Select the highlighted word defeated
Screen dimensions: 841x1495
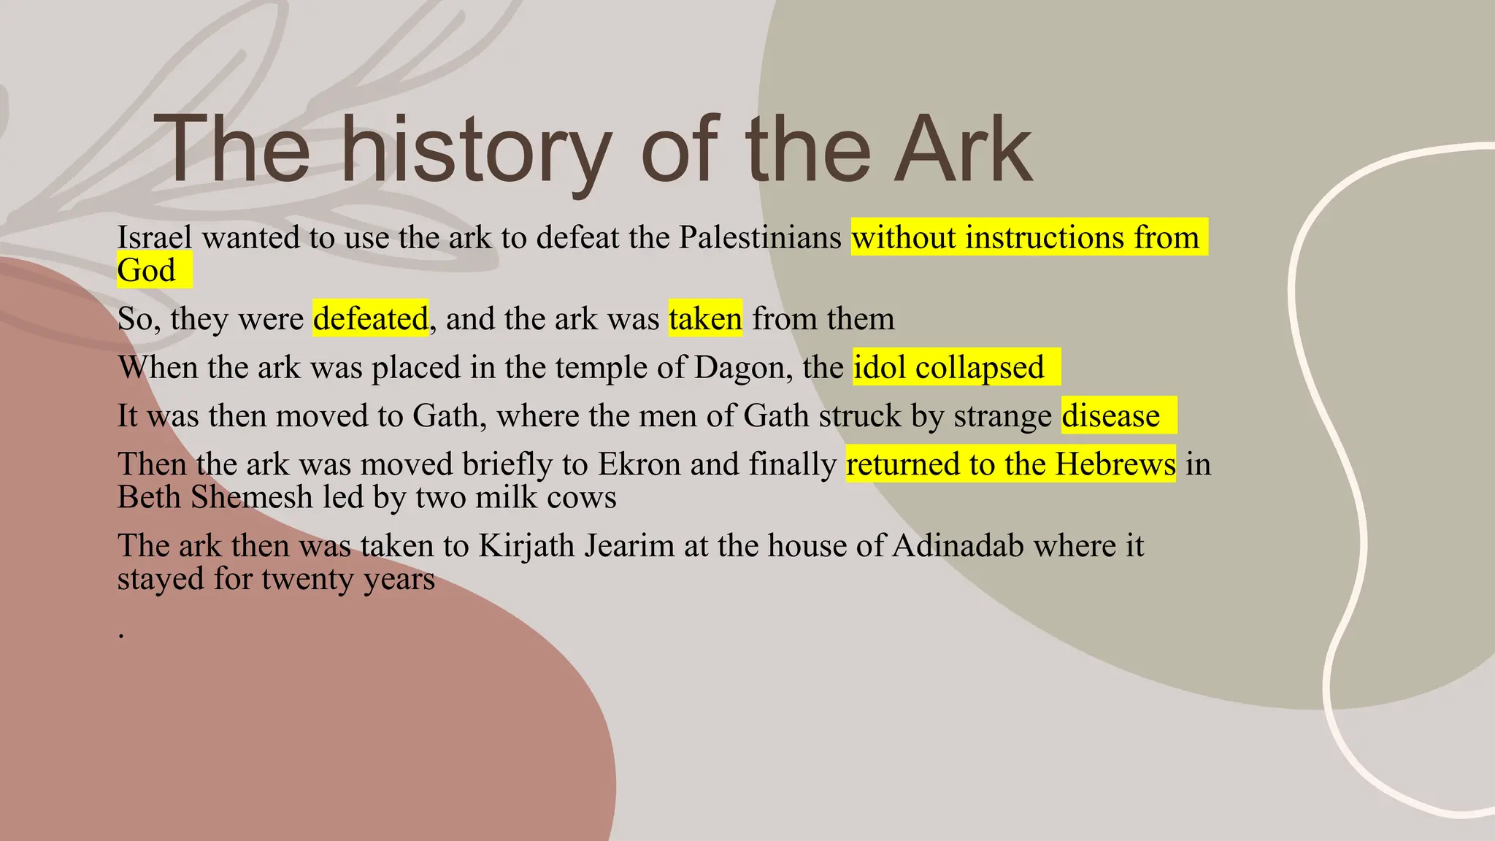click(371, 319)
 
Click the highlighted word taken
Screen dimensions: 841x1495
click(705, 319)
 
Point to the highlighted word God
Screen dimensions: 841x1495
click(147, 271)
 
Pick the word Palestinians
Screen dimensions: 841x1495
click(760, 238)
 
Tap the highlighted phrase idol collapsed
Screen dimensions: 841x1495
click(948, 367)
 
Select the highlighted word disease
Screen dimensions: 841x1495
click(1110, 416)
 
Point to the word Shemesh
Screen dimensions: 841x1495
click(252, 498)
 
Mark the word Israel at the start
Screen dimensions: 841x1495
click(155, 238)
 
